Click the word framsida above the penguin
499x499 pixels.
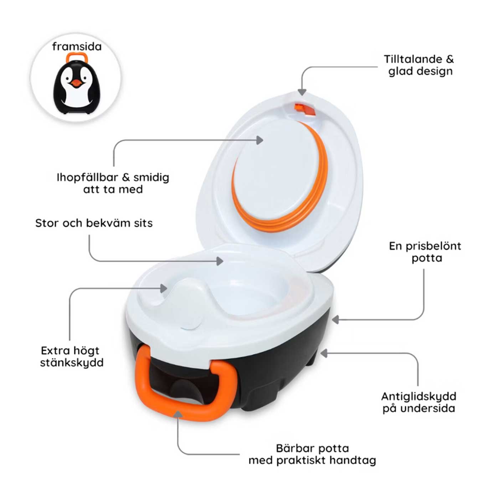77,47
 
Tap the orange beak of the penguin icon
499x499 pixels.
76,83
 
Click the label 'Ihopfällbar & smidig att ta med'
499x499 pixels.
113,183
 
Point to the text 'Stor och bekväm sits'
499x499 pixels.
94,223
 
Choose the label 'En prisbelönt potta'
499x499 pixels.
425,252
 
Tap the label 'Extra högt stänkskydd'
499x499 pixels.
72,356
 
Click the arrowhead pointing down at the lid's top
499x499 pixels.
302,92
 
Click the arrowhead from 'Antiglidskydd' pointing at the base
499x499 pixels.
324,353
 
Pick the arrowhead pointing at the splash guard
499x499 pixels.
164,288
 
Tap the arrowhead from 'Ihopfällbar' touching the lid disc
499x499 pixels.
260,140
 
